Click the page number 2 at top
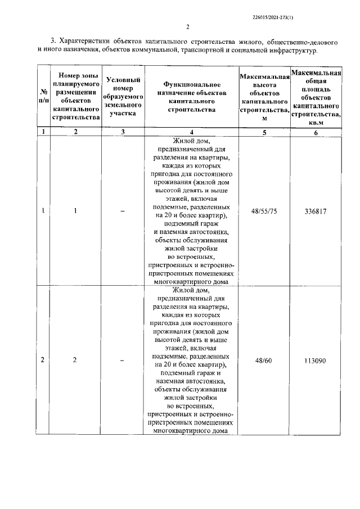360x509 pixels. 187,28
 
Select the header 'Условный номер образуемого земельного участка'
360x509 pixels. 123,96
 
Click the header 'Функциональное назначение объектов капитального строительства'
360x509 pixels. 191,96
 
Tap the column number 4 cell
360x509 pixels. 191,133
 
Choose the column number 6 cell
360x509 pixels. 316,133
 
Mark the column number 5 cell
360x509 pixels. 263,133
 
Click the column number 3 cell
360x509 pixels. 123,133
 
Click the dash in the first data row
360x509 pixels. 123,212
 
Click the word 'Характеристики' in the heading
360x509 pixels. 87,42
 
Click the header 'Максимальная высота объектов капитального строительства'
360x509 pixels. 263,96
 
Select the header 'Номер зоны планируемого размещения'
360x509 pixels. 75,96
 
